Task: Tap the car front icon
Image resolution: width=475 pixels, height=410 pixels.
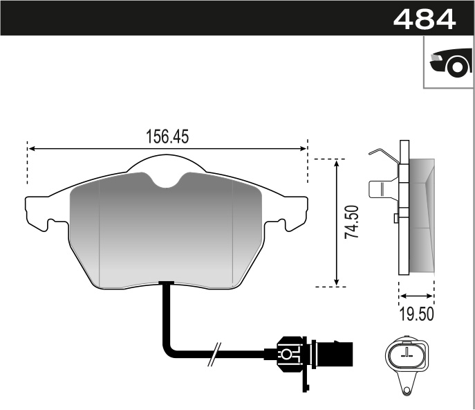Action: [x=449, y=64]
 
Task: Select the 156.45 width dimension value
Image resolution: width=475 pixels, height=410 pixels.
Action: [x=167, y=136]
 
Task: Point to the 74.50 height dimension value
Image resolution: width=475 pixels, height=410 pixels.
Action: [x=351, y=222]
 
